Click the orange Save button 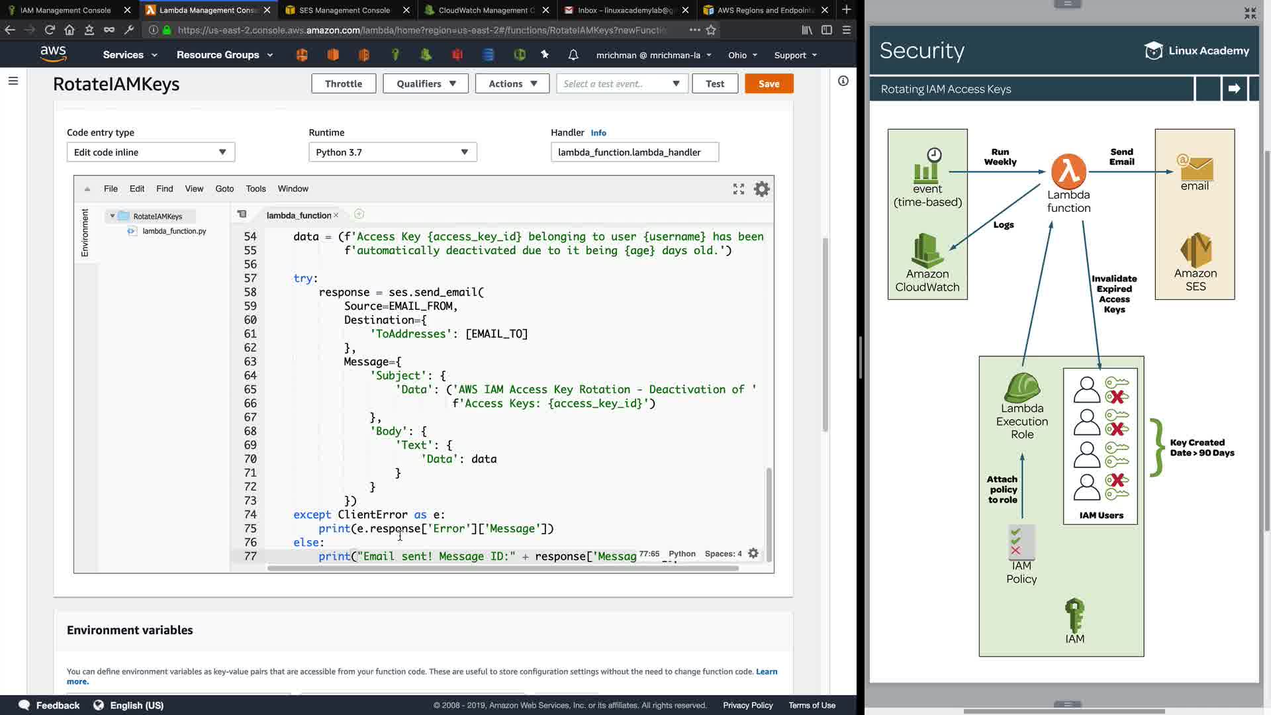click(769, 83)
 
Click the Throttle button click(344, 83)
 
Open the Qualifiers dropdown click(426, 83)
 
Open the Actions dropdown click(512, 83)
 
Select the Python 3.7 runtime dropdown click(393, 152)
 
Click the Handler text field click(634, 152)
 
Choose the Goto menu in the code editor click(224, 189)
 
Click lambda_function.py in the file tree click(174, 231)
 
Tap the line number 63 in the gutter click(250, 361)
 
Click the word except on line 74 click(312, 514)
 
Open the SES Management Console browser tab click(344, 10)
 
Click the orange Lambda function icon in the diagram click(1068, 171)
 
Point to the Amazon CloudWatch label click(927, 281)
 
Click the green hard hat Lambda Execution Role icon click(1022, 387)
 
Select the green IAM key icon click(1074, 615)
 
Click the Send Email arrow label click(1121, 157)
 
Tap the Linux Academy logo click(1196, 51)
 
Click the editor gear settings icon click(762, 189)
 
